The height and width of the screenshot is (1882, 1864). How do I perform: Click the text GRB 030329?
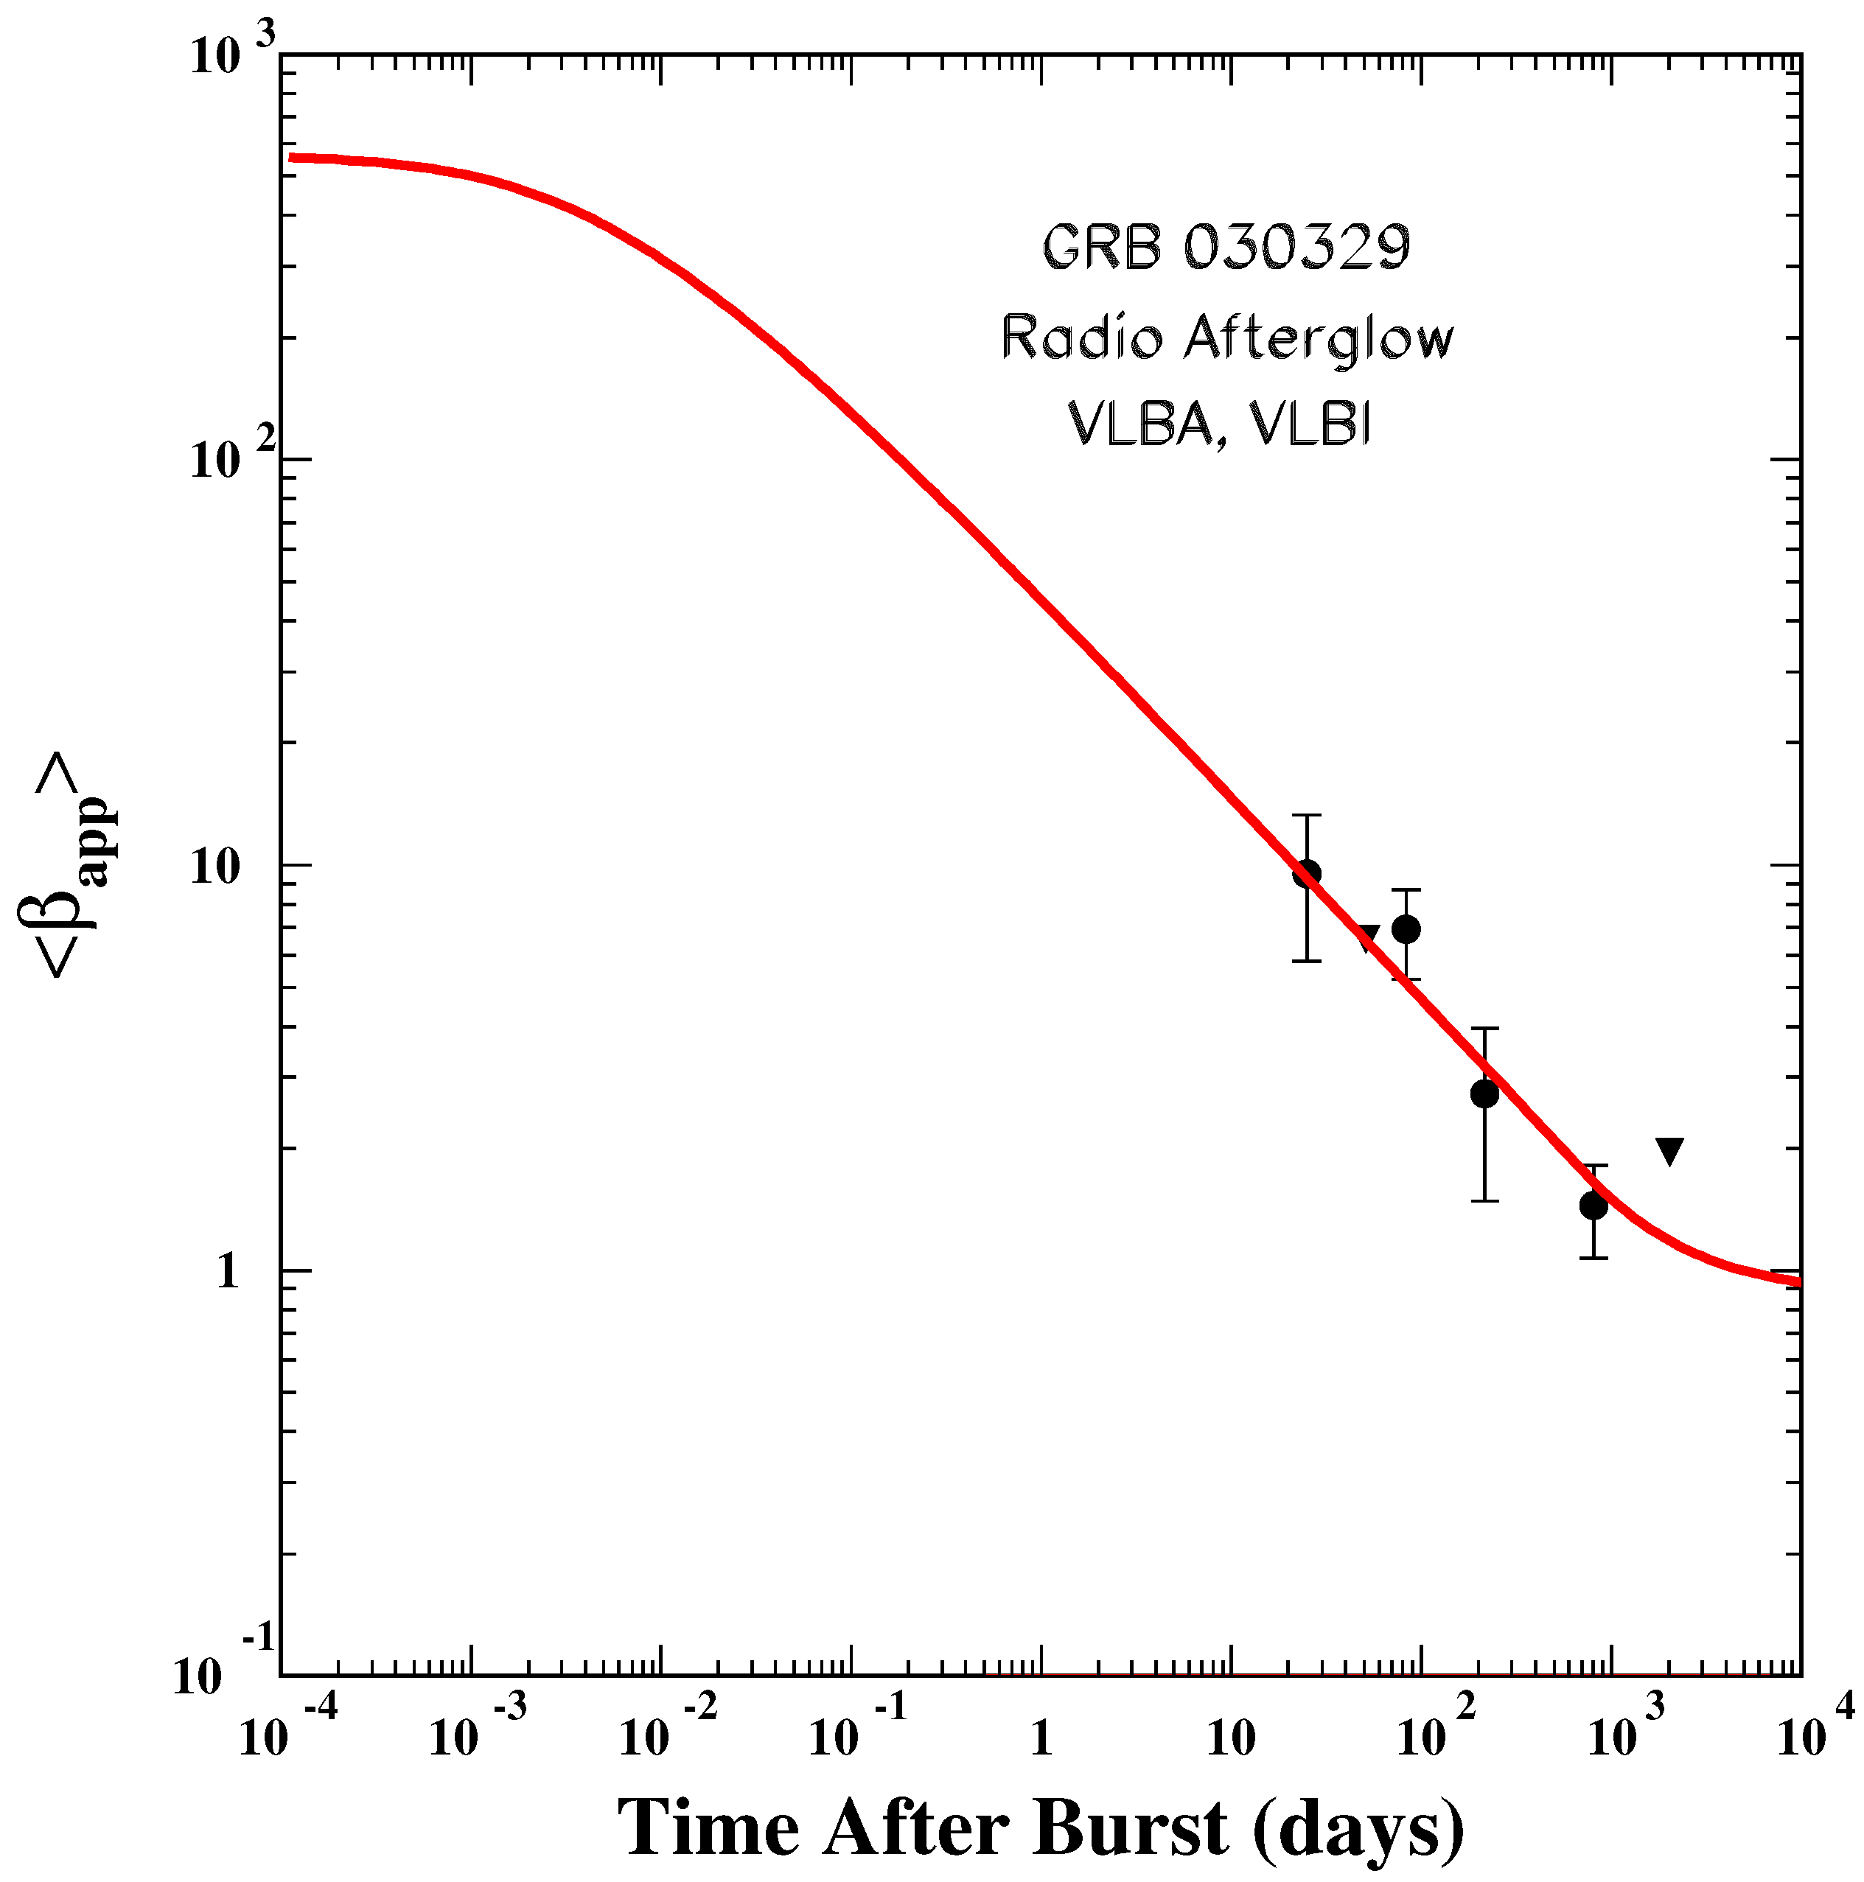tap(1226, 248)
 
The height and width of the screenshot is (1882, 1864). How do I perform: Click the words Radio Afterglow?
tap(1226, 339)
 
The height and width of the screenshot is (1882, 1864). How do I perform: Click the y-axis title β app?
tap(69, 864)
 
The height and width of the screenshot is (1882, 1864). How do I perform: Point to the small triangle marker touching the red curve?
tap(1368, 937)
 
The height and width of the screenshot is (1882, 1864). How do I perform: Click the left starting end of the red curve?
tap(293, 157)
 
